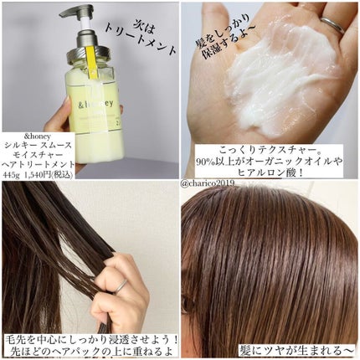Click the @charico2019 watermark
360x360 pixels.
point(209,178)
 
